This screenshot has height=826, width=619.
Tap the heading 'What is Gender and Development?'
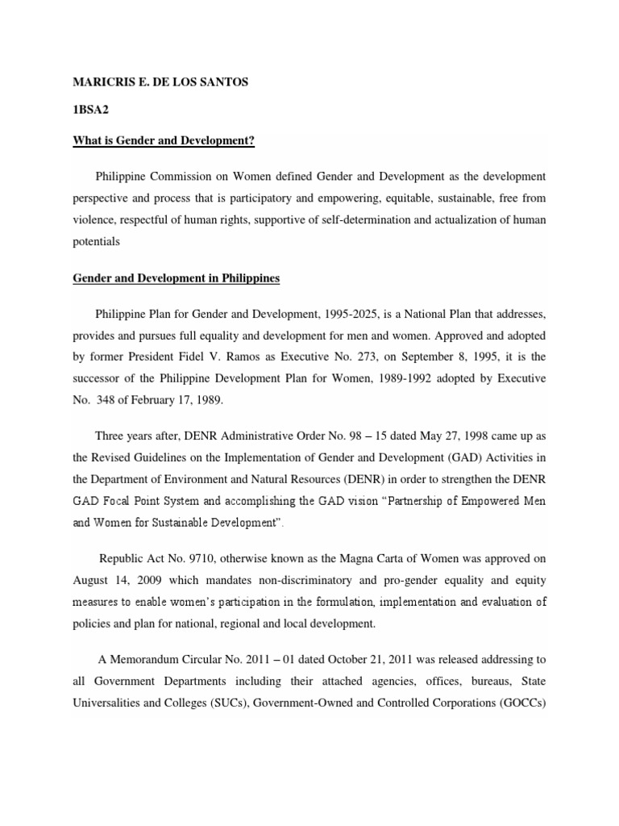[x=164, y=141]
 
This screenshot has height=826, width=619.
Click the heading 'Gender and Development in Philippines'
[x=177, y=278]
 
